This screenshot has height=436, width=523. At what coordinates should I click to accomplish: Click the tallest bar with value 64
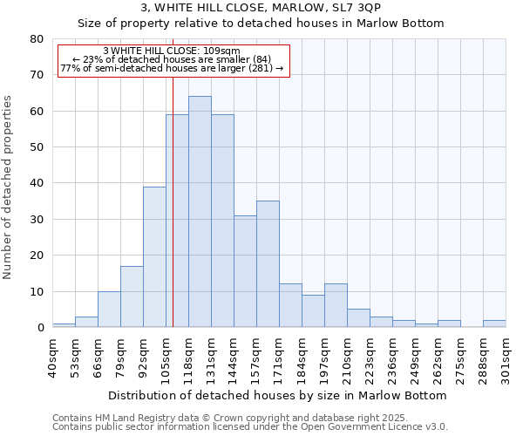[200, 212]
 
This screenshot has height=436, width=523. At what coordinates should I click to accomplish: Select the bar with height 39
[154, 257]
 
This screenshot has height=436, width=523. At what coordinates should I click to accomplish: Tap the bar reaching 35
[268, 264]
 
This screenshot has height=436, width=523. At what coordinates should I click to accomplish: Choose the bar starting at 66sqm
[109, 310]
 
